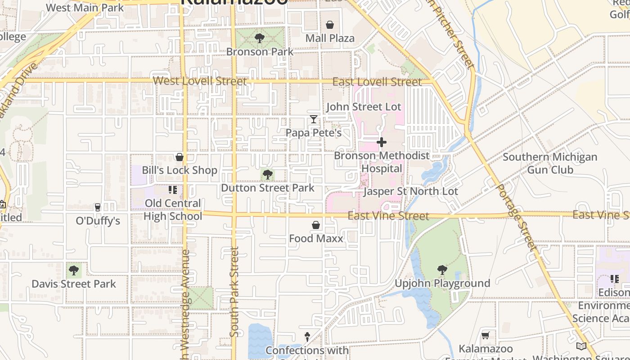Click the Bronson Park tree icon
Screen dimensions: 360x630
(x=259, y=38)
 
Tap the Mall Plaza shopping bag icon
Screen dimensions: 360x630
(x=330, y=25)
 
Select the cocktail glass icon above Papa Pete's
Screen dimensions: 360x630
(x=314, y=119)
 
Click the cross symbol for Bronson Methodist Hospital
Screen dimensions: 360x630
(x=382, y=142)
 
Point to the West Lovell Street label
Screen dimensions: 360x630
(x=200, y=81)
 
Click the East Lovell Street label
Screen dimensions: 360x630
(x=377, y=82)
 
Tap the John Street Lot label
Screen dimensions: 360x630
(x=364, y=107)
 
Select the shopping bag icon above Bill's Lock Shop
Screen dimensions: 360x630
(x=180, y=157)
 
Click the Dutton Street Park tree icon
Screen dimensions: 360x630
(x=268, y=174)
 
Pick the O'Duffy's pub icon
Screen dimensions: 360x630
(x=98, y=207)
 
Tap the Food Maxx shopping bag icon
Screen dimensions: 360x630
(x=316, y=225)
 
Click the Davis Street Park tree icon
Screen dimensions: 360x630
(x=74, y=270)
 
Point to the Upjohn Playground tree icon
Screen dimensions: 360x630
(x=442, y=270)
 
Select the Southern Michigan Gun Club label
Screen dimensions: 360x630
(x=550, y=163)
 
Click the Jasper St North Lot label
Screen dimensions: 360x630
(x=410, y=191)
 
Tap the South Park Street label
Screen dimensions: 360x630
(x=234, y=292)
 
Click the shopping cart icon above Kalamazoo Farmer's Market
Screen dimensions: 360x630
(x=486, y=335)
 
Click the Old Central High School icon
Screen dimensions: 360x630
(x=173, y=190)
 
